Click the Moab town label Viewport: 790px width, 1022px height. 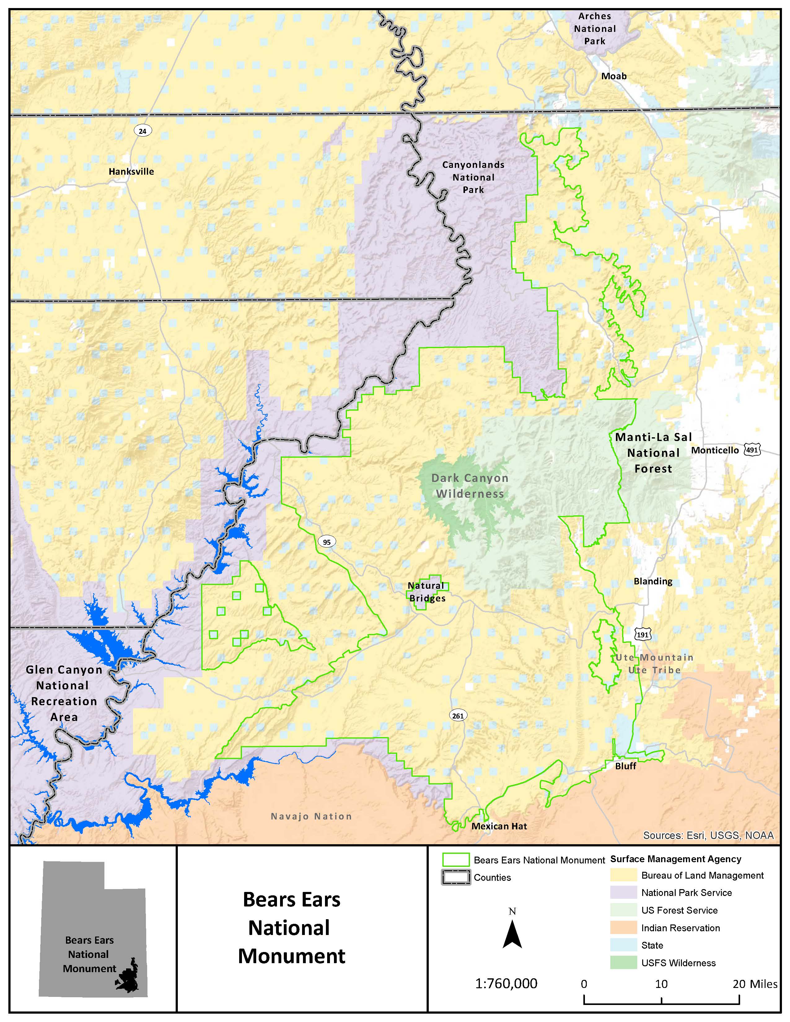point(613,76)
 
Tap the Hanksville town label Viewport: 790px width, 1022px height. point(131,172)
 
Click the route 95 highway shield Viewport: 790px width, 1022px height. point(327,542)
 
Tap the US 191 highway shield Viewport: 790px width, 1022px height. point(643,635)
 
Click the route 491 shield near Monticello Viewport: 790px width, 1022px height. point(752,450)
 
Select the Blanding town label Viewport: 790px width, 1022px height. point(653,581)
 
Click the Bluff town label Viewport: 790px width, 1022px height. point(626,766)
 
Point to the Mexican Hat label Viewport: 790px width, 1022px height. point(499,826)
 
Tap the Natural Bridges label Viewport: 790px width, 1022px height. point(426,592)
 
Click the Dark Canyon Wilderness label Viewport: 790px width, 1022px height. point(470,486)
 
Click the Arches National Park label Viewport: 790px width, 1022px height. point(595,28)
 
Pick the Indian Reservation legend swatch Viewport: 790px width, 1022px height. point(623,928)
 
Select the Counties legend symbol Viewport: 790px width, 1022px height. point(455,877)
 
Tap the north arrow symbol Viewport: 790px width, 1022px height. point(512,933)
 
